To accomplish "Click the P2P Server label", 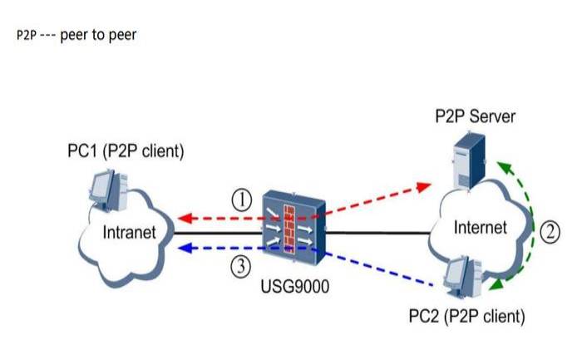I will [x=475, y=116].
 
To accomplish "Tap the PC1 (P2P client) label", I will [x=126, y=152].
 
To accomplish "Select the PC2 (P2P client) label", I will [x=467, y=316].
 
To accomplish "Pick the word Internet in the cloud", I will [x=481, y=226].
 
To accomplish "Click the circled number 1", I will [x=240, y=200].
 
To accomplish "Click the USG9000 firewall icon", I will [x=293, y=225].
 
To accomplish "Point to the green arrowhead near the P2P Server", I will [x=501, y=166].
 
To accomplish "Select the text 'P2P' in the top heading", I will [x=26, y=37].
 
